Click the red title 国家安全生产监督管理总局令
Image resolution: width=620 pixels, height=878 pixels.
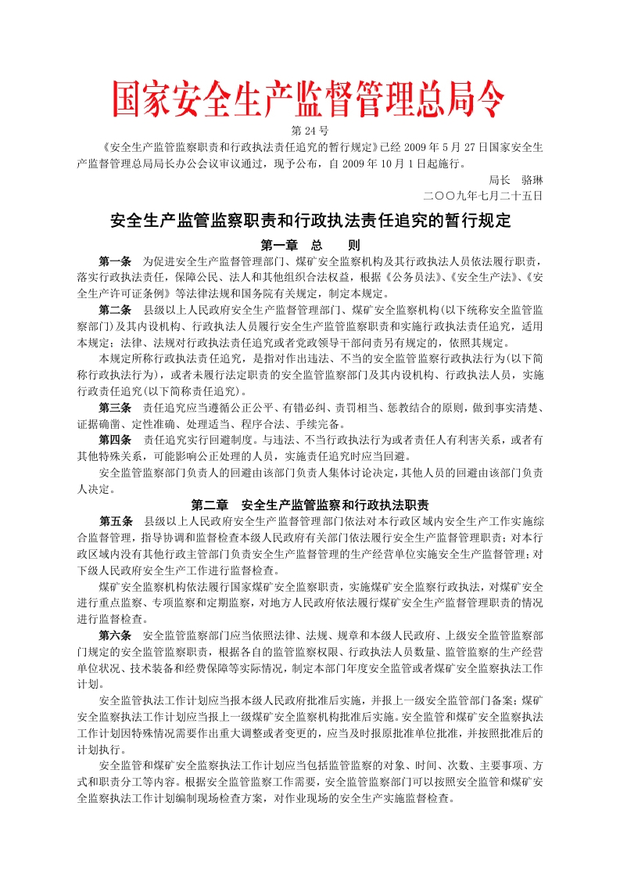[309, 99]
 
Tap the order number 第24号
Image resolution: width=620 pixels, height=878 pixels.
[310, 130]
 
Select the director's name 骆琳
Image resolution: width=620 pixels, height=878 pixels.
[527, 179]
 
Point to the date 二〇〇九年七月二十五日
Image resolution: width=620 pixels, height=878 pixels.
[482, 195]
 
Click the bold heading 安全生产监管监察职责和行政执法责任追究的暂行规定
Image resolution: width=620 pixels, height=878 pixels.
[310, 221]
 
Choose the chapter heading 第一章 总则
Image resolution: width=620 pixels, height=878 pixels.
[310, 245]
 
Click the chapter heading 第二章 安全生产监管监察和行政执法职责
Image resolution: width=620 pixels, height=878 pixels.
[310, 505]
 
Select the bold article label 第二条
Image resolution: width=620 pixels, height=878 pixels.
[115, 310]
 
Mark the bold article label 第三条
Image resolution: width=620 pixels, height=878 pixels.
[115, 408]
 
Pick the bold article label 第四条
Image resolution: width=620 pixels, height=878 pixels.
[115, 440]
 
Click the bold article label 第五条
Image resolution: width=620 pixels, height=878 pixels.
[115, 521]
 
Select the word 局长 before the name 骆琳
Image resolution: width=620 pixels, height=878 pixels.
[499, 179]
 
